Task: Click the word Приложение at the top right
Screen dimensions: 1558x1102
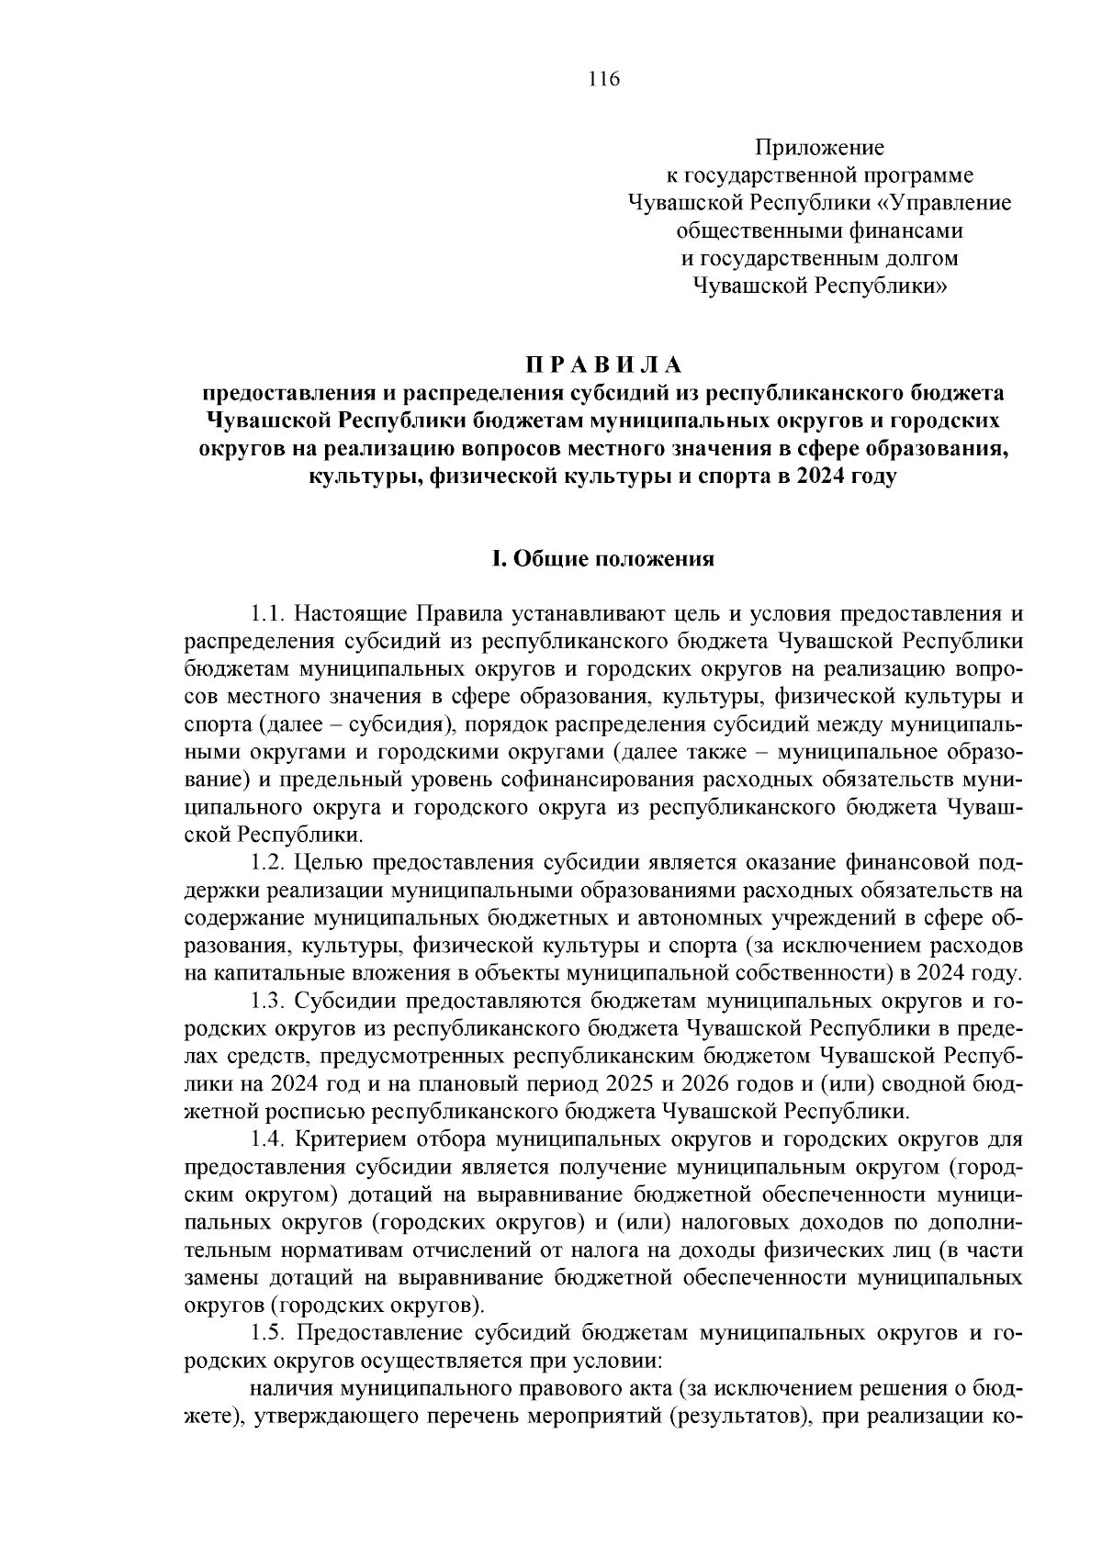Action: point(819,148)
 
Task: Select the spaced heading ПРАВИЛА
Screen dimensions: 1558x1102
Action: point(604,365)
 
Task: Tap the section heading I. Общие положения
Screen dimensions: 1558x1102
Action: point(603,559)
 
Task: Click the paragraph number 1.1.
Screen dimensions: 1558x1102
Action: point(268,614)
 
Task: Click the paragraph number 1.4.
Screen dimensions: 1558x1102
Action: point(269,1140)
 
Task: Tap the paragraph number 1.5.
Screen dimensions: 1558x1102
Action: point(269,1333)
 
